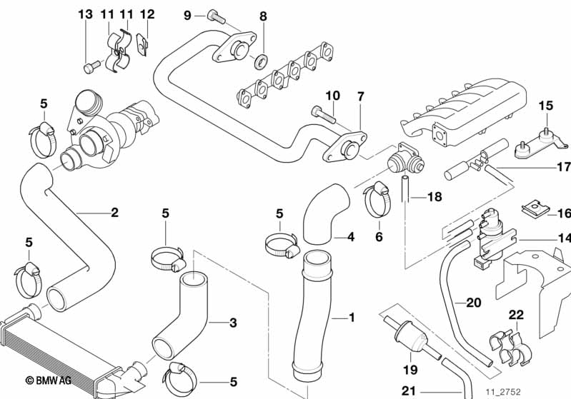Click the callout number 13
85,14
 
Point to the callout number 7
361,96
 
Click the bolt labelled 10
321,112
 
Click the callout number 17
563,168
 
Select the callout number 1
350,316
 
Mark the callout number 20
473,303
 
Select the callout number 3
232,323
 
